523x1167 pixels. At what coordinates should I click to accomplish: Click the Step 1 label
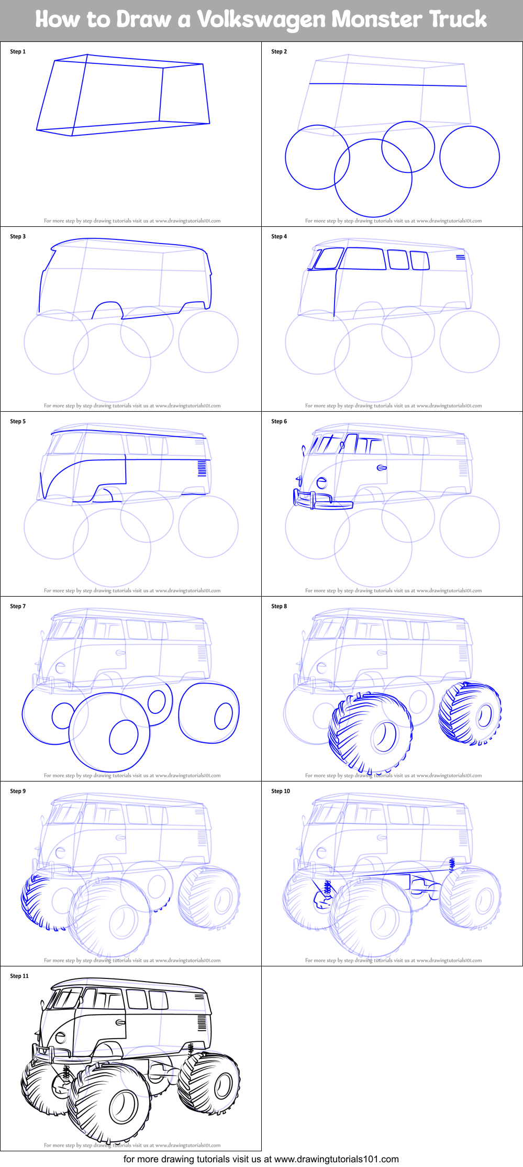pos(18,52)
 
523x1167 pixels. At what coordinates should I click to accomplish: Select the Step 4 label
pos(279,237)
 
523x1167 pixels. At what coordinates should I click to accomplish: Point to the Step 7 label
pos(18,607)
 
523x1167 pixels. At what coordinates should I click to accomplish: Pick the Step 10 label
pos(281,791)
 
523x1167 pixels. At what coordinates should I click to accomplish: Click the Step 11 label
pos(19,976)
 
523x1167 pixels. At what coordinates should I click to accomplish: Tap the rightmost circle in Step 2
pos(470,157)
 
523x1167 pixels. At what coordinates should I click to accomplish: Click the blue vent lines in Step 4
pos(460,257)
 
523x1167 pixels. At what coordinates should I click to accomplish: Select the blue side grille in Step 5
pos(202,468)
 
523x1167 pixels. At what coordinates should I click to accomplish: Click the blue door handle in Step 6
pos(382,467)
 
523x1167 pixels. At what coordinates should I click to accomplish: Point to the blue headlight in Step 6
pos(322,482)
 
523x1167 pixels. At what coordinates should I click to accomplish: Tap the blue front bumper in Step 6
pos(322,501)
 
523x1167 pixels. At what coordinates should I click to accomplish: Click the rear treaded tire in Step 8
pos(470,713)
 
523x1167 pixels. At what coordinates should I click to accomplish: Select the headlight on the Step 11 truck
pos(61,1037)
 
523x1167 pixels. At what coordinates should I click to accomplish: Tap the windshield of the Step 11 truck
pos(63,998)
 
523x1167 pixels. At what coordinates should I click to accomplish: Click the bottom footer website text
pos(261,1159)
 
